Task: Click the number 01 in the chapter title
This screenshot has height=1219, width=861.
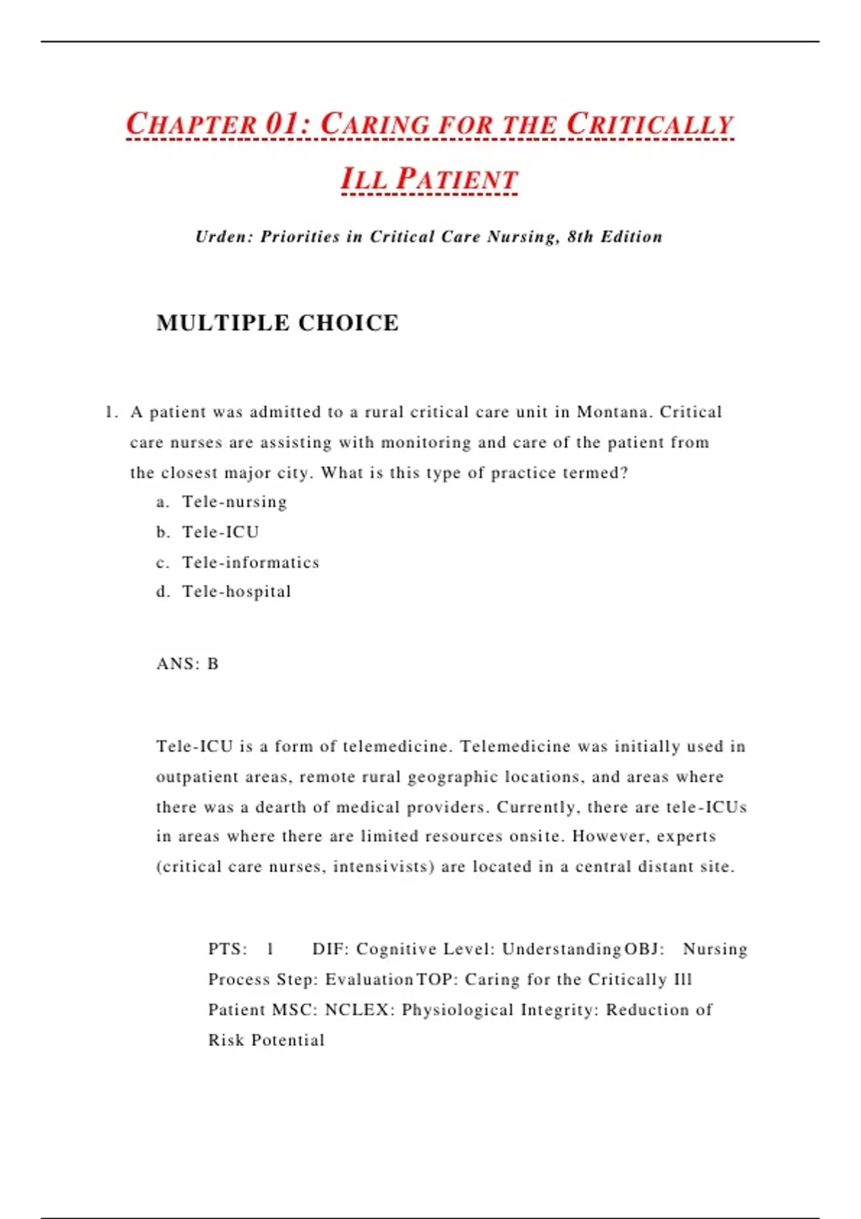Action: click(x=282, y=123)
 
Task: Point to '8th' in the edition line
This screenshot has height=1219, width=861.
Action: click(x=580, y=237)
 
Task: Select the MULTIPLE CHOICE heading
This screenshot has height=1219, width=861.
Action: click(x=278, y=323)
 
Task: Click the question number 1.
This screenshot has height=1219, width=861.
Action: click(x=110, y=412)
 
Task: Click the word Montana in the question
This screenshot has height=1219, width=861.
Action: click(x=612, y=412)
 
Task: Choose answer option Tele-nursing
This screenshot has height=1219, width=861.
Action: click(x=235, y=502)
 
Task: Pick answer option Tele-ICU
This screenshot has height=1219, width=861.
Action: click(x=220, y=532)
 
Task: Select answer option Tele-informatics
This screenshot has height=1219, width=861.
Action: click(x=250, y=562)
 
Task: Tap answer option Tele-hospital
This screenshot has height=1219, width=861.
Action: click(x=237, y=592)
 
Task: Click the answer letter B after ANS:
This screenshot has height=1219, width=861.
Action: click(x=213, y=664)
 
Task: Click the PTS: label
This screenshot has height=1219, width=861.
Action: click(x=227, y=949)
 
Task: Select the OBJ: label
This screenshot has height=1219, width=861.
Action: click(x=644, y=949)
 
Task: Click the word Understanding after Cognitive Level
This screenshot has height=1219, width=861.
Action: click(x=561, y=949)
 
